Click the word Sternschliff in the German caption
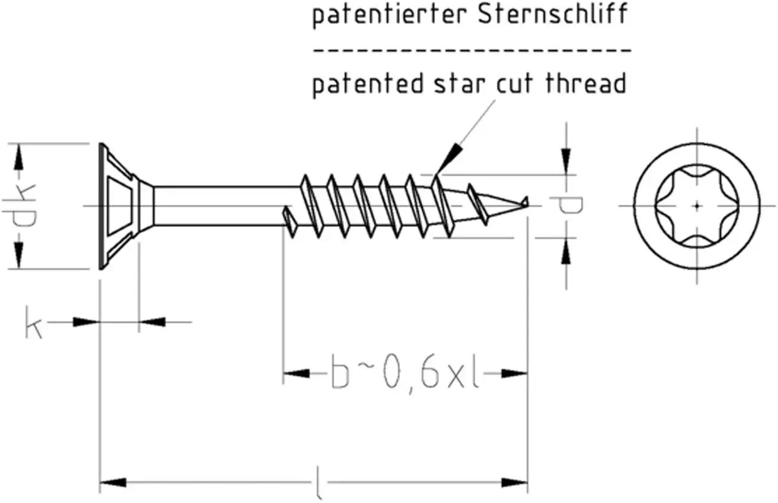tap(553, 14)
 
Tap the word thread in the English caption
tap(587, 83)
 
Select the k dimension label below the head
tap(34, 322)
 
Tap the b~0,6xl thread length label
tap(404, 375)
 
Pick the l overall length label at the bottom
tap(318, 483)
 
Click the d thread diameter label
tap(566, 205)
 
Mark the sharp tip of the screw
tap(528, 205)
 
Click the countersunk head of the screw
tap(126, 206)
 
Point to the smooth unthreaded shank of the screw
tap(223, 206)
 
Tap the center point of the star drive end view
tap(696, 206)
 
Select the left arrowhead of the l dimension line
tap(113, 482)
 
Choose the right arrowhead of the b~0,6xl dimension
tap(514, 374)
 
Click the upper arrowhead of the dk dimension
tap(18, 157)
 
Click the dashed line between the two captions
tap(473, 51)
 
